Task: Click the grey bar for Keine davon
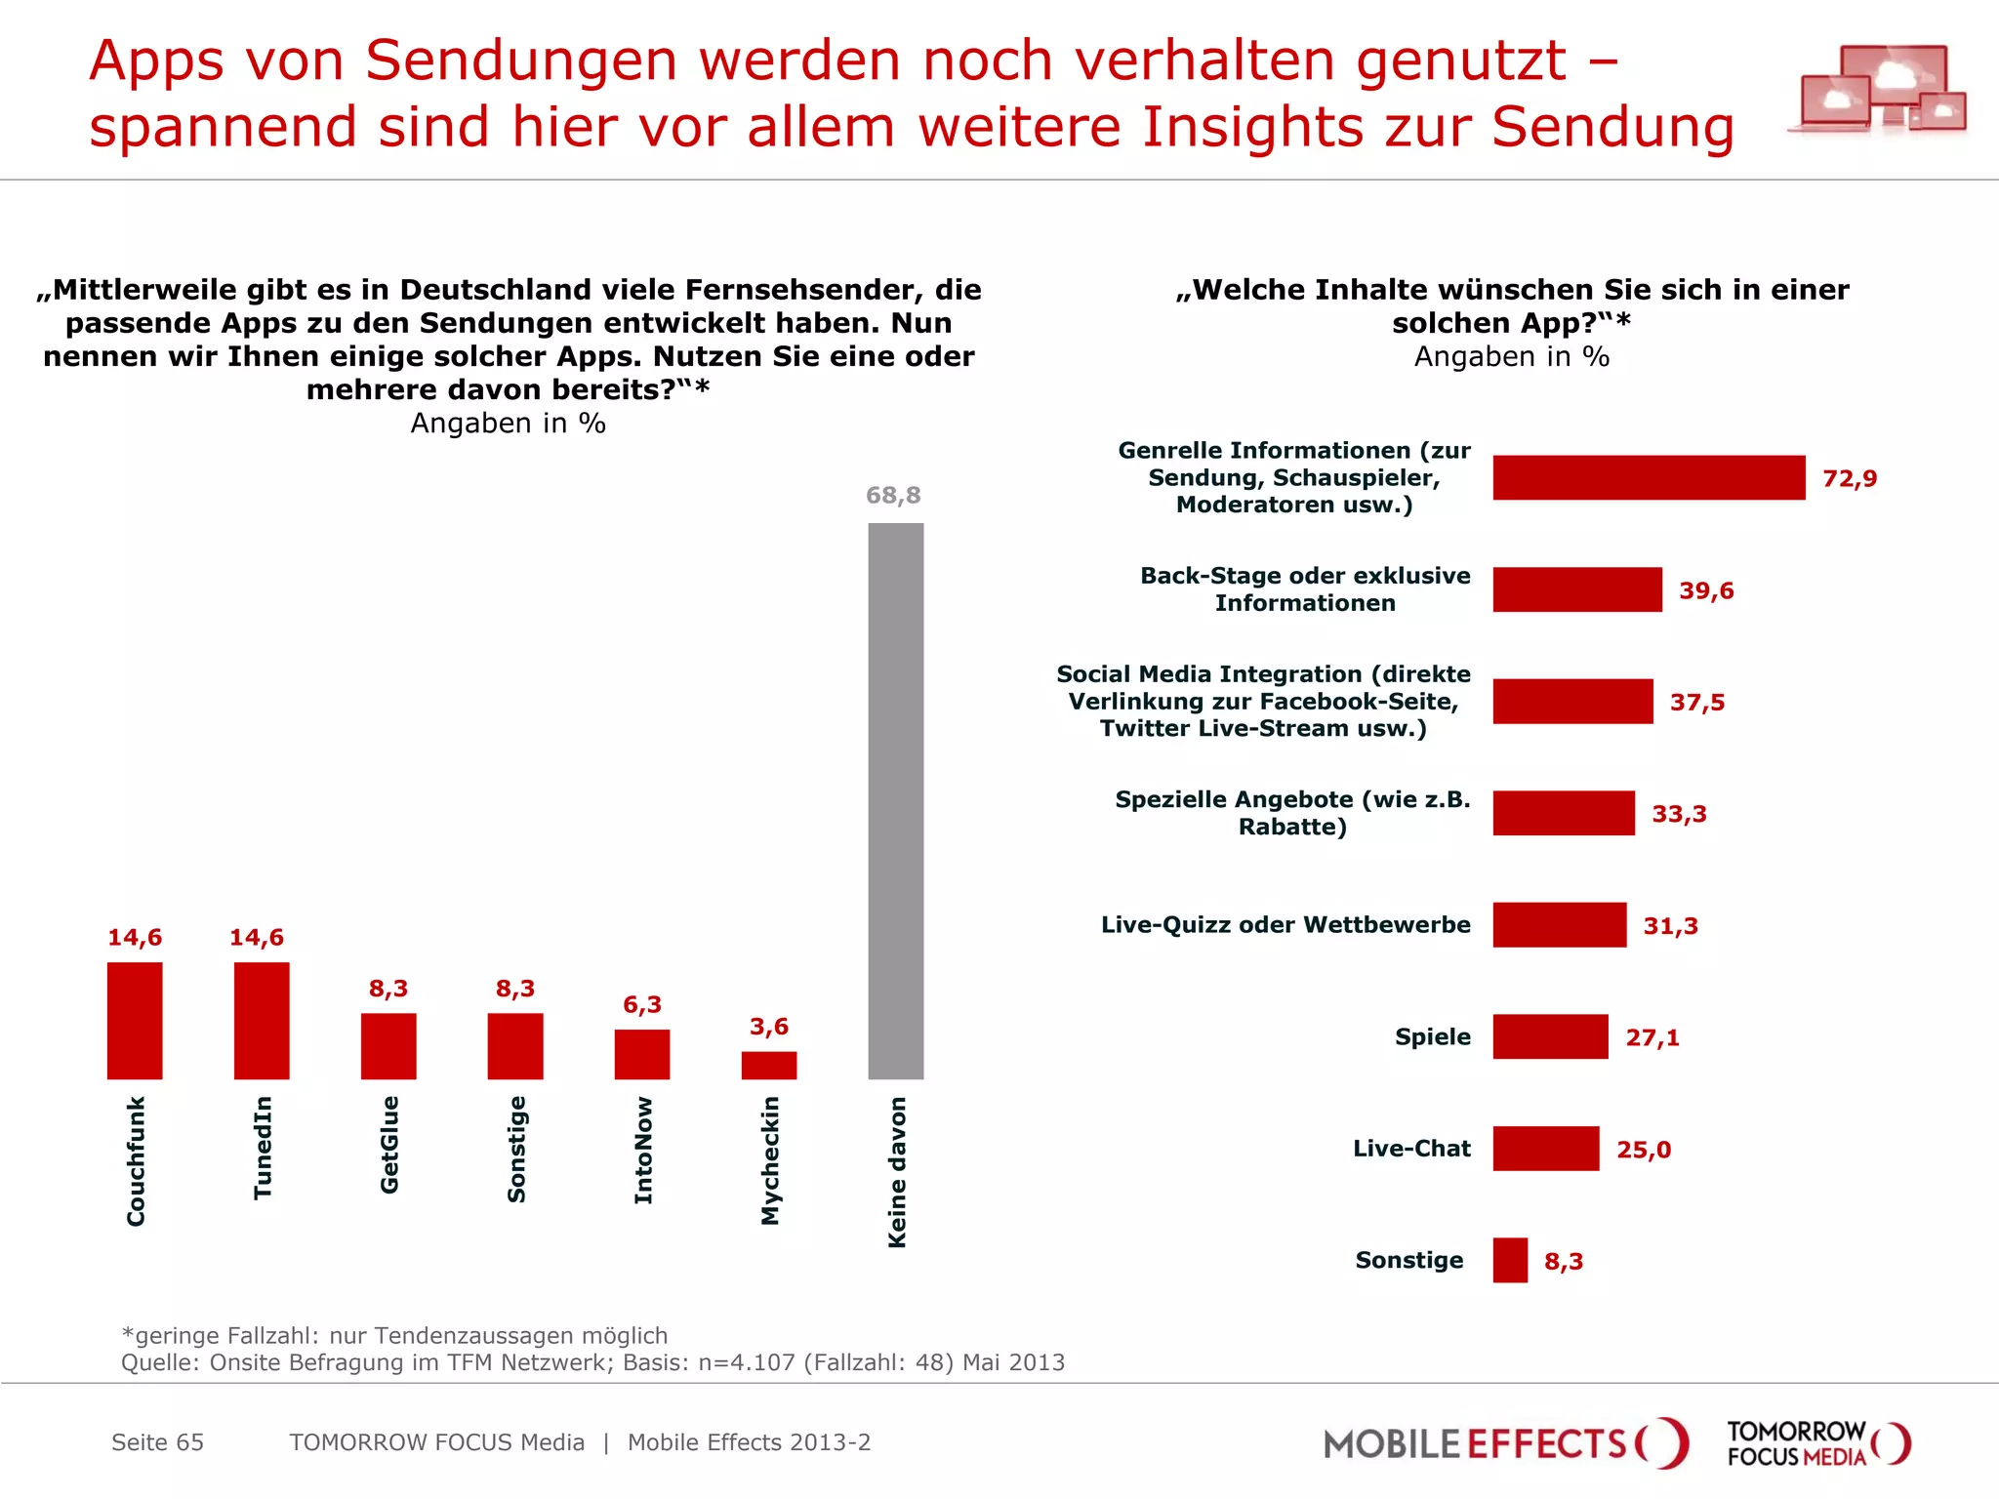point(895,800)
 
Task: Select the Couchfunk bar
point(135,1021)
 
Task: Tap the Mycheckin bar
point(769,1065)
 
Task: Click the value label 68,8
point(893,496)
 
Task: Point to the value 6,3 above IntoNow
point(642,1005)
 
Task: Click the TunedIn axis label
point(263,1148)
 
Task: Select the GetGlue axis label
point(389,1144)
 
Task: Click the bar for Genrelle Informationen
point(1649,478)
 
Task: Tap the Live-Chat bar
point(1546,1149)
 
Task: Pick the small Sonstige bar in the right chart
point(1510,1260)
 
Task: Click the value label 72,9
point(1850,479)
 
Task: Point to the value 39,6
point(1706,591)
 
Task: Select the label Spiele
point(1432,1036)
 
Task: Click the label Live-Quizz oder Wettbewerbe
point(1285,925)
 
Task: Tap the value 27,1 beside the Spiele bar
point(1652,1037)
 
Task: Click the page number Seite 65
point(157,1442)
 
